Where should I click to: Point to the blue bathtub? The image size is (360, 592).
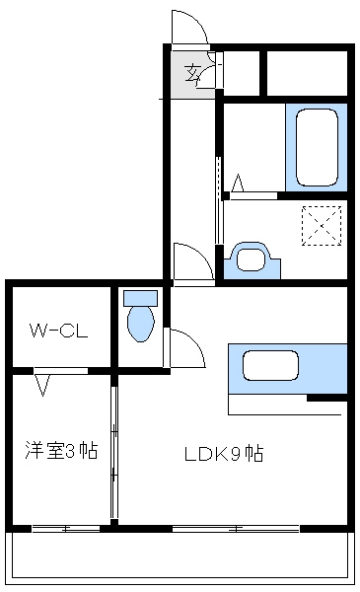316,147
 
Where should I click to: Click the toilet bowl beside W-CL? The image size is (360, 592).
140,324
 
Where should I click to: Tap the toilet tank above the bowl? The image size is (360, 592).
140,297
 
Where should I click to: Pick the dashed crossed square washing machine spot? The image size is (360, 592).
321,225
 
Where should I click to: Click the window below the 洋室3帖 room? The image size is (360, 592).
65,529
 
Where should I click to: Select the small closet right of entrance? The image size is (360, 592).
243,71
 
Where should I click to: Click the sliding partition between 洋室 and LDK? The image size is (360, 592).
114,454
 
